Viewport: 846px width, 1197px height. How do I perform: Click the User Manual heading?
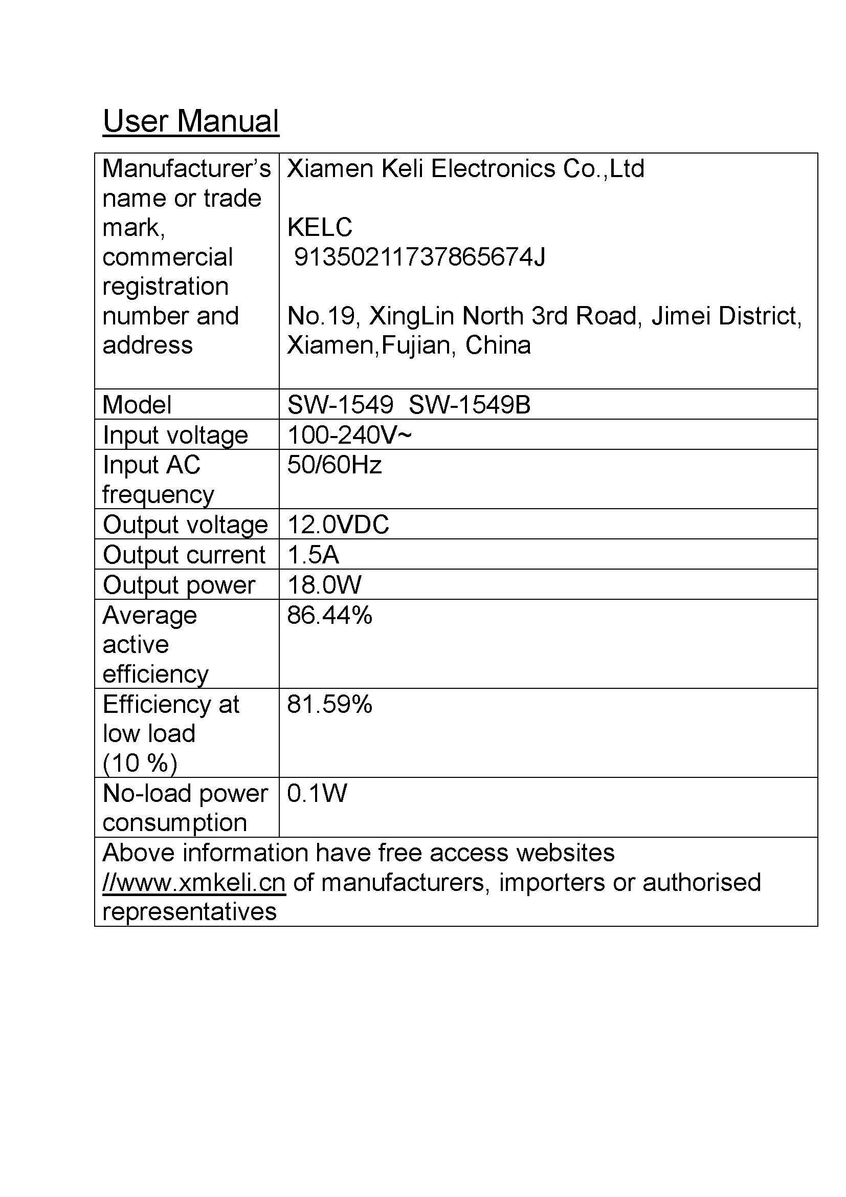pyautogui.click(x=191, y=121)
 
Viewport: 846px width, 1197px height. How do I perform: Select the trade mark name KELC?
pyautogui.click(x=320, y=228)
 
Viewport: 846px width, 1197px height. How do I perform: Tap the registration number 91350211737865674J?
pyautogui.click(x=420, y=257)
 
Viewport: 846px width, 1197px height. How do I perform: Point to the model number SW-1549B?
pyautogui.click(x=470, y=405)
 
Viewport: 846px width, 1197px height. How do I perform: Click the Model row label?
pyautogui.click(x=137, y=405)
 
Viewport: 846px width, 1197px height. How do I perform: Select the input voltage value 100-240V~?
pyautogui.click(x=349, y=436)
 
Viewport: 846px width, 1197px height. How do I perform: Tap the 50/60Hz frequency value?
pyautogui.click(x=335, y=465)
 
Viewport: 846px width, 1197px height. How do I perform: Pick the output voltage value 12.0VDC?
pyautogui.click(x=338, y=525)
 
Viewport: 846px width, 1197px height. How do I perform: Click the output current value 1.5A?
pyautogui.click(x=313, y=555)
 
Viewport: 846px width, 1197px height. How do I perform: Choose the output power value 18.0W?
pyautogui.click(x=324, y=585)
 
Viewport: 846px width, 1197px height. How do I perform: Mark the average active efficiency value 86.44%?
pyautogui.click(x=330, y=615)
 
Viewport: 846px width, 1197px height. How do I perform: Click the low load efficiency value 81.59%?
pyautogui.click(x=330, y=704)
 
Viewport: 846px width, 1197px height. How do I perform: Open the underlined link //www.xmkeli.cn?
pyautogui.click(x=194, y=883)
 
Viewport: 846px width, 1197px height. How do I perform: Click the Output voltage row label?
pyautogui.click(x=186, y=525)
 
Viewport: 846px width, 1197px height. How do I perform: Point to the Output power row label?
pyautogui.click(x=179, y=585)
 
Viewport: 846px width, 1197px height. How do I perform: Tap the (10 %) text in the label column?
pyautogui.click(x=140, y=763)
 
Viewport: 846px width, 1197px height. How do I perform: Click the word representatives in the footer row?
pyautogui.click(x=190, y=912)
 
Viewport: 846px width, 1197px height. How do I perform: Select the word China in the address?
pyautogui.click(x=498, y=345)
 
